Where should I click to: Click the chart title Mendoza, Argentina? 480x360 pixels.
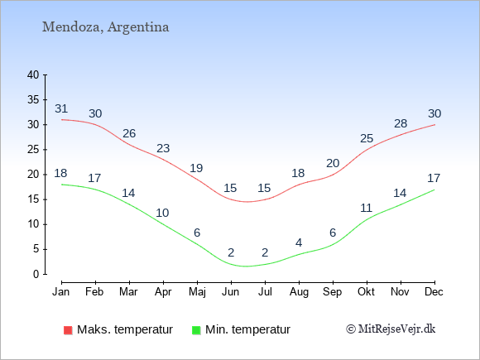pos(105,27)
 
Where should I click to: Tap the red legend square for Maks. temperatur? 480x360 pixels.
pos(68,330)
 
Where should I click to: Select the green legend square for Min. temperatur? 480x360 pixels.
pos(196,330)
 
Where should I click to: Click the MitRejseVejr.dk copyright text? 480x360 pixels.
pos(391,329)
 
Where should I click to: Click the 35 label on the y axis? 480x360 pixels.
pos(33,100)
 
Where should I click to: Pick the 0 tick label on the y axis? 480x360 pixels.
pos(36,274)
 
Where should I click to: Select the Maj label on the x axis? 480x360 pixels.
pos(197,292)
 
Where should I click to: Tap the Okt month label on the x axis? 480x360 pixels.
pos(366,292)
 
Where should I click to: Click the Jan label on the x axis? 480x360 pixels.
pos(61,292)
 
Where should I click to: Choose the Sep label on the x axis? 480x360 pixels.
pos(333,292)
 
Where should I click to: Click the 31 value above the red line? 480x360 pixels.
pos(61,108)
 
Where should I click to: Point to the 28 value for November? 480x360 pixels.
pos(401,123)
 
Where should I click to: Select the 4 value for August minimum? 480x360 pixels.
pos(299,243)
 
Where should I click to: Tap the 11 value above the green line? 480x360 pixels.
pos(366,209)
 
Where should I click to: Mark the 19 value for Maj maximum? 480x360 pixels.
pos(196,168)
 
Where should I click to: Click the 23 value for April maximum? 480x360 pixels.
pos(163,148)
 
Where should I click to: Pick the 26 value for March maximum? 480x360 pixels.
pos(129,133)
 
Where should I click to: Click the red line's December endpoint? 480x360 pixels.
pos(434,125)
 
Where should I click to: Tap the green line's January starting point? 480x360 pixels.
pos(62,185)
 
